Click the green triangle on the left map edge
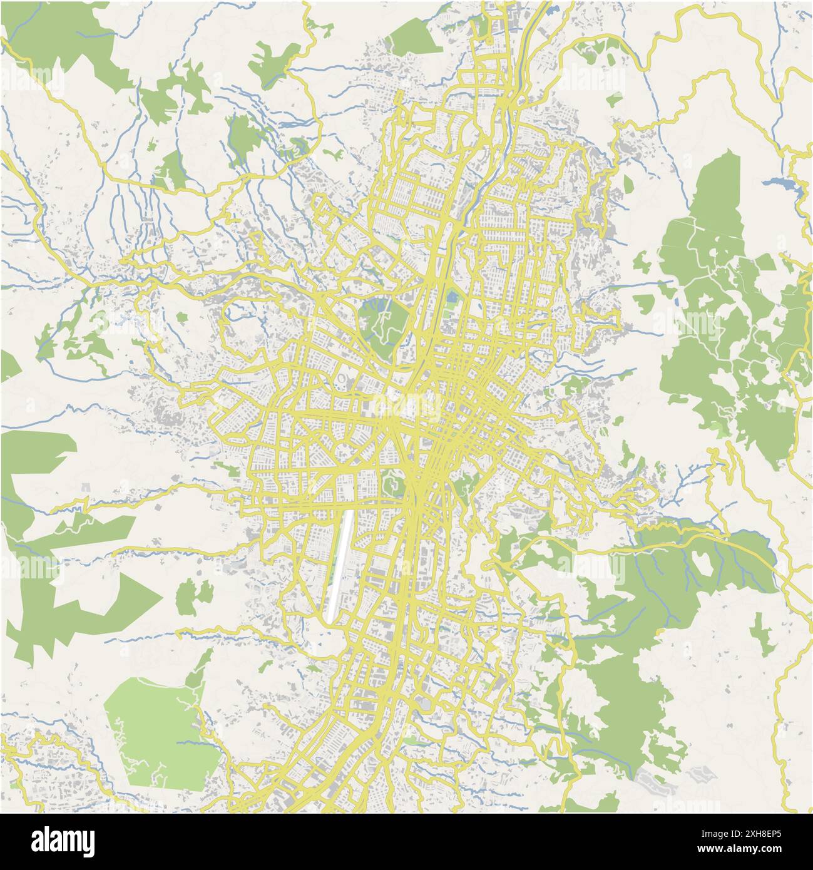coord(9,366)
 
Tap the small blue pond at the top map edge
coord(551,10)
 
